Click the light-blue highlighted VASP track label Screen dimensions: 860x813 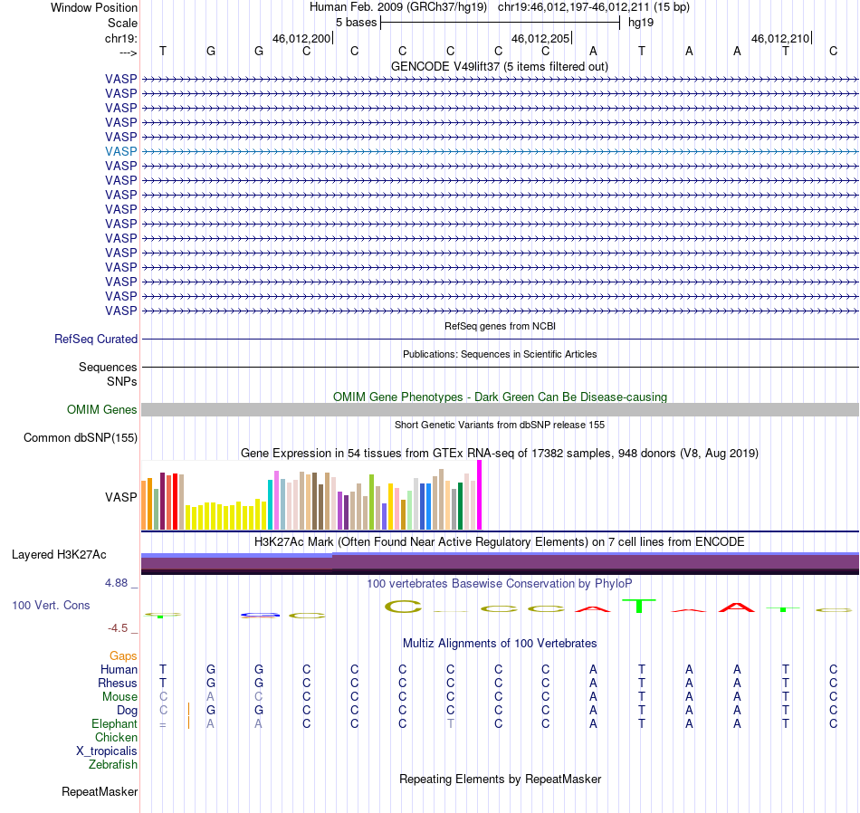click(120, 151)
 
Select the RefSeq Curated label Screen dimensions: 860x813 click(96, 339)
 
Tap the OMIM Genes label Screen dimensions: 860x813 click(102, 410)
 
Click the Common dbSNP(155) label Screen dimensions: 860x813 click(81, 438)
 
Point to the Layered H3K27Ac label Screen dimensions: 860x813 click(59, 555)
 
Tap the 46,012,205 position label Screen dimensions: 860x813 click(540, 38)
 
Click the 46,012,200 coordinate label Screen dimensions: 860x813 click(301, 38)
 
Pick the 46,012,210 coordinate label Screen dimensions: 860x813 click(780, 38)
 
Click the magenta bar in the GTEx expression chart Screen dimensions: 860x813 click(480, 495)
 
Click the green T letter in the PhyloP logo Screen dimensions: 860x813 click(639, 607)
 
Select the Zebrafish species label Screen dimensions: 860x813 click(113, 765)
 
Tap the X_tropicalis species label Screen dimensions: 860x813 click(107, 751)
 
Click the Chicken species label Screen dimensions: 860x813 click(116, 737)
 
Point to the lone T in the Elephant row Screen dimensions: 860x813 click(450, 724)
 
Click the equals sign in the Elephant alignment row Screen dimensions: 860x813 click(163, 724)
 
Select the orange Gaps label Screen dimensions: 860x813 click(123, 656)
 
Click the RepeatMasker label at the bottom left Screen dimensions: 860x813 click(100, 791)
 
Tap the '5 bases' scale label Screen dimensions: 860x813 click(357, 23)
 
